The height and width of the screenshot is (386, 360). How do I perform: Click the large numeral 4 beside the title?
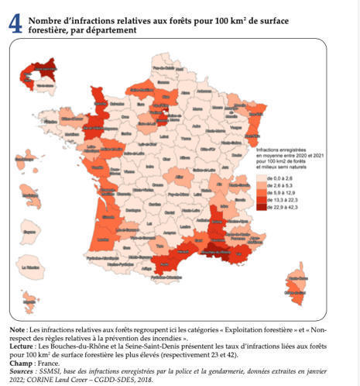(x=14, y=23)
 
